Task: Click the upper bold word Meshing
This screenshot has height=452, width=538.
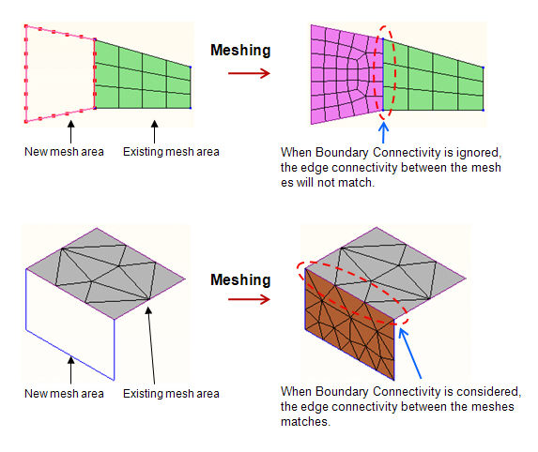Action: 240,51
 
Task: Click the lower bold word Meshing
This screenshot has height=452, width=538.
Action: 240,280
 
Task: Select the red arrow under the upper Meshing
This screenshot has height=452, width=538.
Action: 249,73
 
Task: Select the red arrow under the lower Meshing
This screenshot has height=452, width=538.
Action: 249,299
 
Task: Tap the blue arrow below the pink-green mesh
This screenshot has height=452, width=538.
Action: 383,132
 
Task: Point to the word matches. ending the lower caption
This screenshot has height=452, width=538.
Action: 305,421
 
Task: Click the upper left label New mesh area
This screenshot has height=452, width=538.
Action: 64,152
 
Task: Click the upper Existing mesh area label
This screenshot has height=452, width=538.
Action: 171,152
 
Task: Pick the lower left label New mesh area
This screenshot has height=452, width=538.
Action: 64,394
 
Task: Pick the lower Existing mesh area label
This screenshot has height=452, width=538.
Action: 171,394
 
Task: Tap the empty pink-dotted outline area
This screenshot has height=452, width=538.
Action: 60,74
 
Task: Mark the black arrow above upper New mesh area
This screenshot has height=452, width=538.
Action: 70,131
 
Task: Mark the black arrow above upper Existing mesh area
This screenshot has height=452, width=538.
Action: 154,131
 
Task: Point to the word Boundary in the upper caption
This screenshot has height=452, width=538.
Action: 342,152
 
